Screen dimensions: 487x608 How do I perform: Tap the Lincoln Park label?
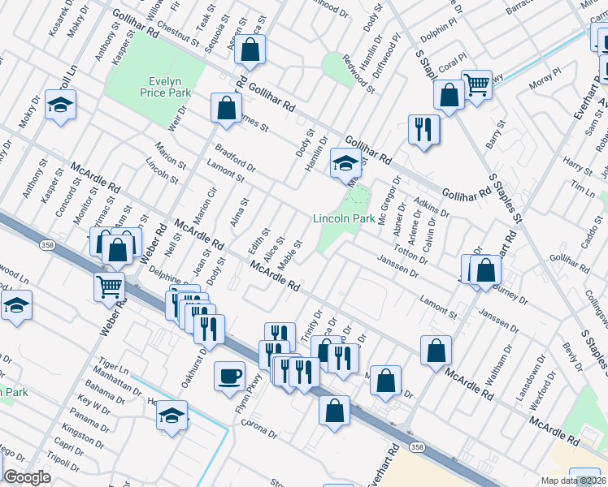[x=344, y=218]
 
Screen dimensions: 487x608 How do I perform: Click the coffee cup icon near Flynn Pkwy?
[x=228, y=375]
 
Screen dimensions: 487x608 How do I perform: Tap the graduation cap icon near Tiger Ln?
[x=172, y=416]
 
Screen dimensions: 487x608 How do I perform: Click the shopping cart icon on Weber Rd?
[x=111, y=286]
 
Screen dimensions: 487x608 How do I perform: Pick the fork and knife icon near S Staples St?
[x=423, y=129]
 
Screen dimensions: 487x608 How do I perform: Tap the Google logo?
[x=26, y=477]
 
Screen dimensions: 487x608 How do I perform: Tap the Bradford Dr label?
[x=236, y=158]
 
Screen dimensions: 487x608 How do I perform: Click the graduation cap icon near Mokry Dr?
[x=60, y=106]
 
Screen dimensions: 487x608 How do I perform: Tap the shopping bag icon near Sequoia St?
[x=251, y=50]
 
